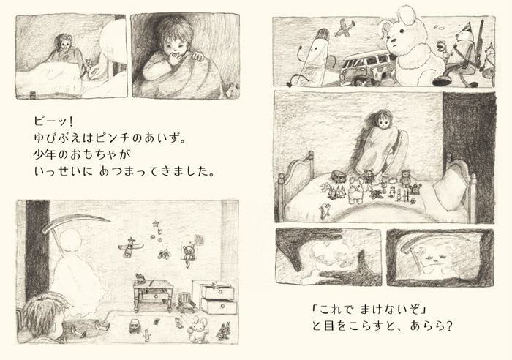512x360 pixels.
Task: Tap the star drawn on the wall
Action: pos(156,224)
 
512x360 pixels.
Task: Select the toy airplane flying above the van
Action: pos(345,28)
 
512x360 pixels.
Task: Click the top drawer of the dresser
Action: pos(219,293)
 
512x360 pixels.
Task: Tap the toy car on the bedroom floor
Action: pos(134,326)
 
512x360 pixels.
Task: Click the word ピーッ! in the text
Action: pos(53,122)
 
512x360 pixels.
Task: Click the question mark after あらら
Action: pos(448,326)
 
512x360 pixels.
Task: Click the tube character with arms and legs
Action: pos(315,56)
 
